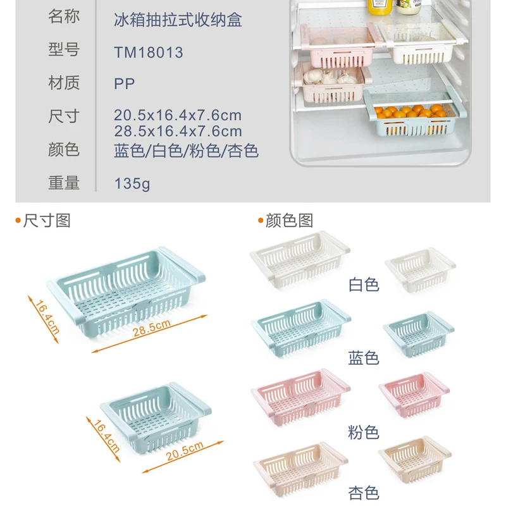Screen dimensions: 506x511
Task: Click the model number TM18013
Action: point(149,52)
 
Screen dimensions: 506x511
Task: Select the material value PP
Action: point(125,83)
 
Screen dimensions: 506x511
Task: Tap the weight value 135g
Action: point(132,184)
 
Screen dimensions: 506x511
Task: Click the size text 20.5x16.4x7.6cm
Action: point(178,116)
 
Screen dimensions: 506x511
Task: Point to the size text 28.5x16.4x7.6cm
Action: point(178,132)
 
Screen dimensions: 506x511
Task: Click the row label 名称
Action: point(64,17)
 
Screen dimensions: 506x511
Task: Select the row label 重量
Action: point(64,183)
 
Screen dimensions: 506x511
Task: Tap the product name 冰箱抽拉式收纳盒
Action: point(178,20)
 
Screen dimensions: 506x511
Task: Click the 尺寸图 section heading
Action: point(46,221)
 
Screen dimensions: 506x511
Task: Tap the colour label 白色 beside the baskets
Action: point(364,285)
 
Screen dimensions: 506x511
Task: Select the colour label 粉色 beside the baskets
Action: point(364,433)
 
